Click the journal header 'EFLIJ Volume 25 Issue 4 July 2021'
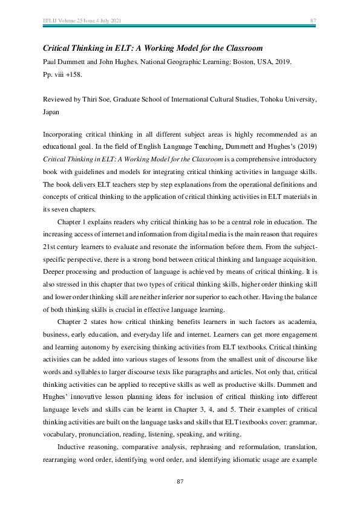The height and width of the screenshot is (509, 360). point(82,21)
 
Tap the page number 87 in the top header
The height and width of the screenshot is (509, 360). point(313,21)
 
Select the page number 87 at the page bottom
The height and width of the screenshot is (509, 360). point(180,481)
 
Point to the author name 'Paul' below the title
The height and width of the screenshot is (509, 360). point(50,62)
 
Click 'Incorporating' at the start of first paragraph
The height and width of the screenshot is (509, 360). point(65,135)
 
